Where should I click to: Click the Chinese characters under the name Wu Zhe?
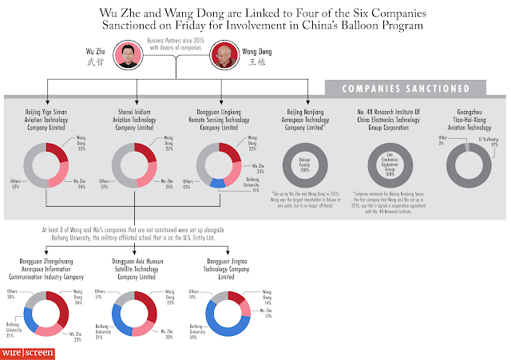tap(94, 61)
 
